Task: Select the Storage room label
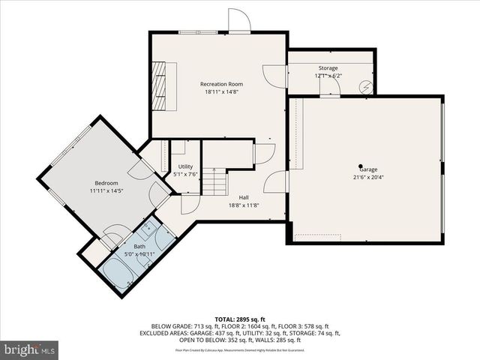click(327, 68)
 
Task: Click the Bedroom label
click(106, 183)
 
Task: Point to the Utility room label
click(185, 166)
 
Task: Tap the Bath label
click(140, 246)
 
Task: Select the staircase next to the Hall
click(216, 181)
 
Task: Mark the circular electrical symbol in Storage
click(365, 86)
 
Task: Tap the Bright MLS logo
click(30, 349)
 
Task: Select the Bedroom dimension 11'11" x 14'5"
click(106, 190)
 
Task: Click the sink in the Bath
click(148, 226)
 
